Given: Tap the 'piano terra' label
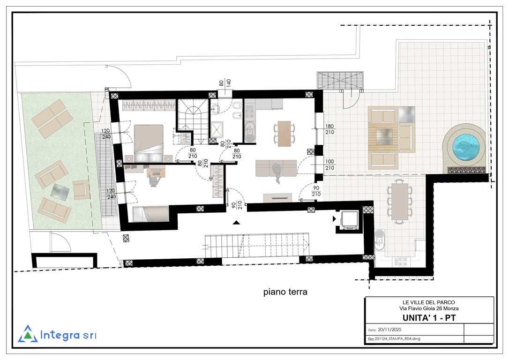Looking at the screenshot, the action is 285,292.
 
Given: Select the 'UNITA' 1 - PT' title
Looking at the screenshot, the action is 429,318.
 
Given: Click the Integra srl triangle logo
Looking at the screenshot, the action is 28,334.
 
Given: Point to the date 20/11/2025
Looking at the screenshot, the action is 389,330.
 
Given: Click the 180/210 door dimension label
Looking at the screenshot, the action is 329,129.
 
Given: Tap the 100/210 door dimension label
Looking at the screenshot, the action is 329,165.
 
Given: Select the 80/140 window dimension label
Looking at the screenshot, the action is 225,83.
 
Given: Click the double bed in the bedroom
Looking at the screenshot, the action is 149,143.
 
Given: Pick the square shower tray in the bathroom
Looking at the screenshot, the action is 217,130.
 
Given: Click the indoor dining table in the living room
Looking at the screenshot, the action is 284,134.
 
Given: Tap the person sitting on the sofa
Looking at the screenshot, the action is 277,172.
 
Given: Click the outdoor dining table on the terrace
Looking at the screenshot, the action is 400,201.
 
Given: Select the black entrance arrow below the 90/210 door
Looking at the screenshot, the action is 237,222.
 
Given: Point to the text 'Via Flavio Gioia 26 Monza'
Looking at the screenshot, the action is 429,308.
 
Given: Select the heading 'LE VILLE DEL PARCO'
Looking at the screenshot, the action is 429,302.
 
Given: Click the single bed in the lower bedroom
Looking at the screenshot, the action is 150,214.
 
